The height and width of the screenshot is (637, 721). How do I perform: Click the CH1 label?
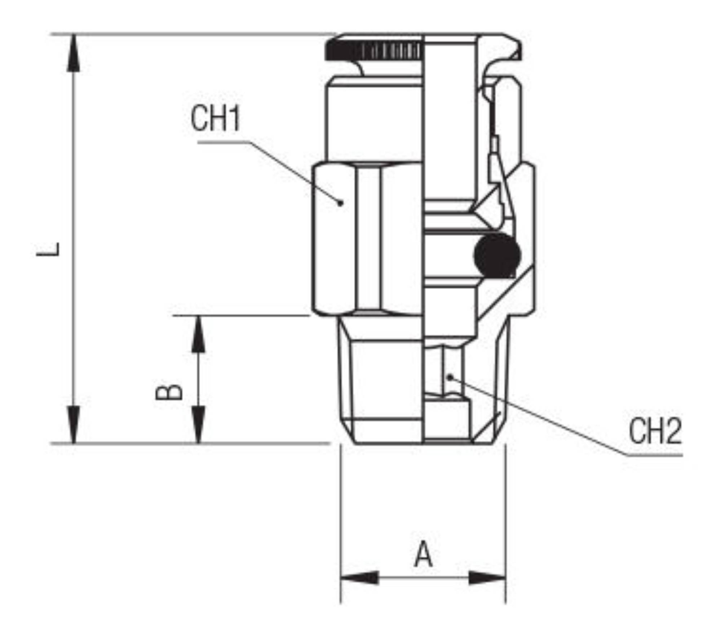215,119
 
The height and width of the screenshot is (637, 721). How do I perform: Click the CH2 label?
655,431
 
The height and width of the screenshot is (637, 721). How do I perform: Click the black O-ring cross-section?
497,256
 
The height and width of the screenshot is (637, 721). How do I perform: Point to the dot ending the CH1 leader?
340,203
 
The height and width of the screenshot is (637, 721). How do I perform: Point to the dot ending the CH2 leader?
450,377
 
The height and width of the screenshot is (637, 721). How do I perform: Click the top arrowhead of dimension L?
74,53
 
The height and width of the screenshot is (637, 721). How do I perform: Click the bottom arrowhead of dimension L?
74,424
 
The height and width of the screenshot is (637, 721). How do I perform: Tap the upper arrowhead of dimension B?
198,334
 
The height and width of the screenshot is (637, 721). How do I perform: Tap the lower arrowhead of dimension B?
198,424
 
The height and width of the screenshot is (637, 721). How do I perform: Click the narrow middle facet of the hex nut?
368,239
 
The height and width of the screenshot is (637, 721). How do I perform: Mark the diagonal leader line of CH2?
539,416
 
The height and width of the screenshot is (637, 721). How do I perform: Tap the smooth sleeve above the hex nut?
374,120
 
